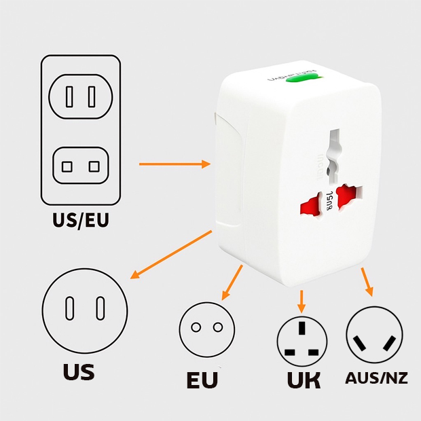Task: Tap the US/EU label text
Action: pos(81,221)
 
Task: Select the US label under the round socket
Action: pos(79,371)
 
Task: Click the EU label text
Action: pos(202,380)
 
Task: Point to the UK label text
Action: pos(304,380)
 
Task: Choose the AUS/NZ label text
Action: pos(377,378)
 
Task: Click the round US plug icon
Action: pos(85,308)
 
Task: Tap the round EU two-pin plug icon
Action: pos(206,327)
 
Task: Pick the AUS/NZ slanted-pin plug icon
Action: pos(374,335)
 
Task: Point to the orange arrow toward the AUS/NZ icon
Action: pos(367,280)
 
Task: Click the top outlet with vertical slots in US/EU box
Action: pos(81,97)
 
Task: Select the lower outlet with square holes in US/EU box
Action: pos(81,166)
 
